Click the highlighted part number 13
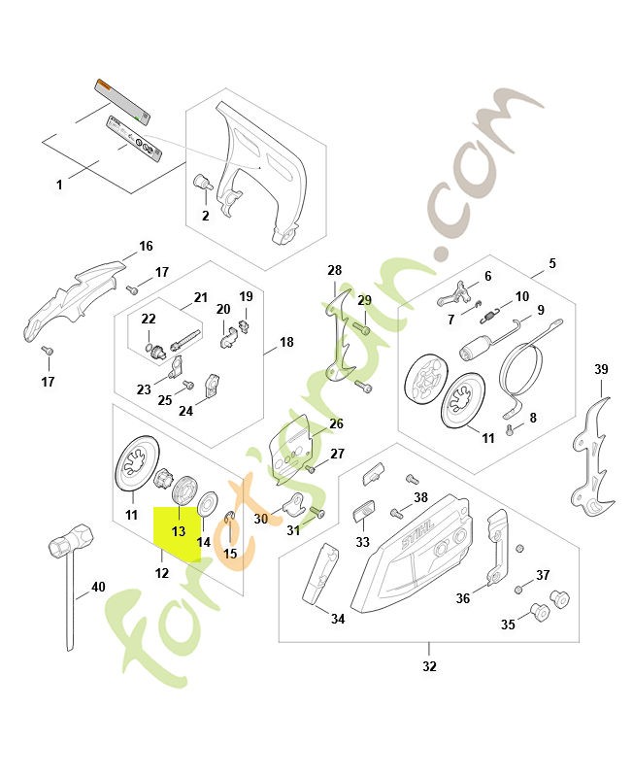pyautogui.click(x=179, y=532)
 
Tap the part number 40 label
pyautogui.click(x=98, y=587)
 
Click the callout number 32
pyautogui.click(x=429, y=666)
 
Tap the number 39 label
pyautogui.click(x=601, y=369)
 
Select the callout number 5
pyautogui.click(x=552, y=263)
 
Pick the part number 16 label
pyautogui.click(x=147, y=246)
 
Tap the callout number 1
pyautogui.click(x=59, y=184)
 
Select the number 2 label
pyautogui.click(x=205, y=216)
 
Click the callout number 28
pyautogui.click(x=335, y=270)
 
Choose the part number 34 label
pyautogui.click(x=337, y=619)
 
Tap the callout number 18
pyautogui.click(x=286, y=342)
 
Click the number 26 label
pyautogui.click(x=336, y=423)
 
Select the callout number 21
pyautogui.click(x=201, y=297)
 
